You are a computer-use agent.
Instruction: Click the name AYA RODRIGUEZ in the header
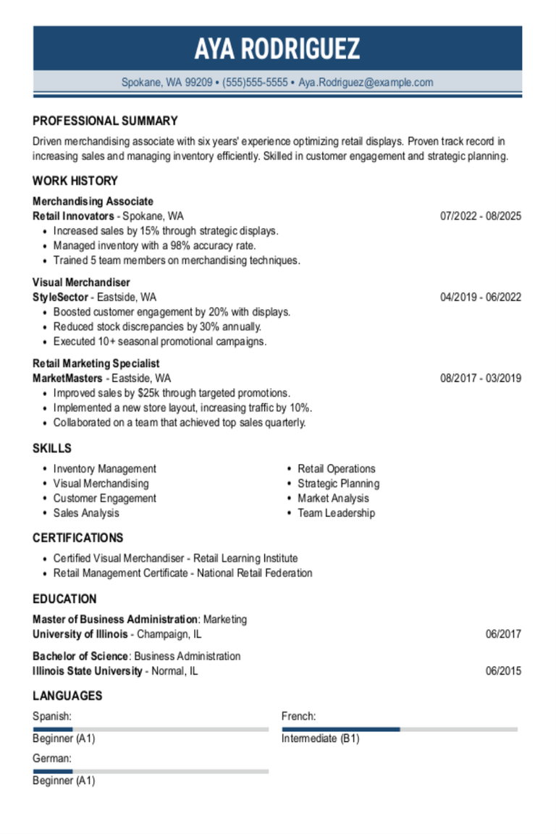[277, 49]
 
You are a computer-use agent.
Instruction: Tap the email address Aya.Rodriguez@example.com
[366, 83]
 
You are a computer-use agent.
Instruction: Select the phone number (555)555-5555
[255, 83]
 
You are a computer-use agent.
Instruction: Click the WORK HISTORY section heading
[75, 181]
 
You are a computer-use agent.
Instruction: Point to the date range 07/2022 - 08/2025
[481, 216]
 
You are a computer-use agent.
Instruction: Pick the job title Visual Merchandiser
[81, 282]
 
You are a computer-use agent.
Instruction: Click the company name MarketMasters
[67, 378]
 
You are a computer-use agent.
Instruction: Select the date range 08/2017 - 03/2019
[481, 378]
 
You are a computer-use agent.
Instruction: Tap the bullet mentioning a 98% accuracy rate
[154, 245]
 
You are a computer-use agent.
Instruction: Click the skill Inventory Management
[104, 469]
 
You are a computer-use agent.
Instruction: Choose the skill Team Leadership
[336, 513]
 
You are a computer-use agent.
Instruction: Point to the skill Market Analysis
[333, 498]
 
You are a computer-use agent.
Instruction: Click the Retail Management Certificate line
[182, 573]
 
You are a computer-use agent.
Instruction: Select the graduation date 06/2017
[503, 634]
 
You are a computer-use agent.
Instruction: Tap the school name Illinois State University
[88, 671]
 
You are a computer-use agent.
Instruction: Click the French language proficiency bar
[400, 729]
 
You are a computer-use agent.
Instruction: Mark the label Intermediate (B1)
[320, 739]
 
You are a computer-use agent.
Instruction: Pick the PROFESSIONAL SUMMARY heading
[105, 121]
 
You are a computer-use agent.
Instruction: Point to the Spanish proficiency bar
[151, 729]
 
